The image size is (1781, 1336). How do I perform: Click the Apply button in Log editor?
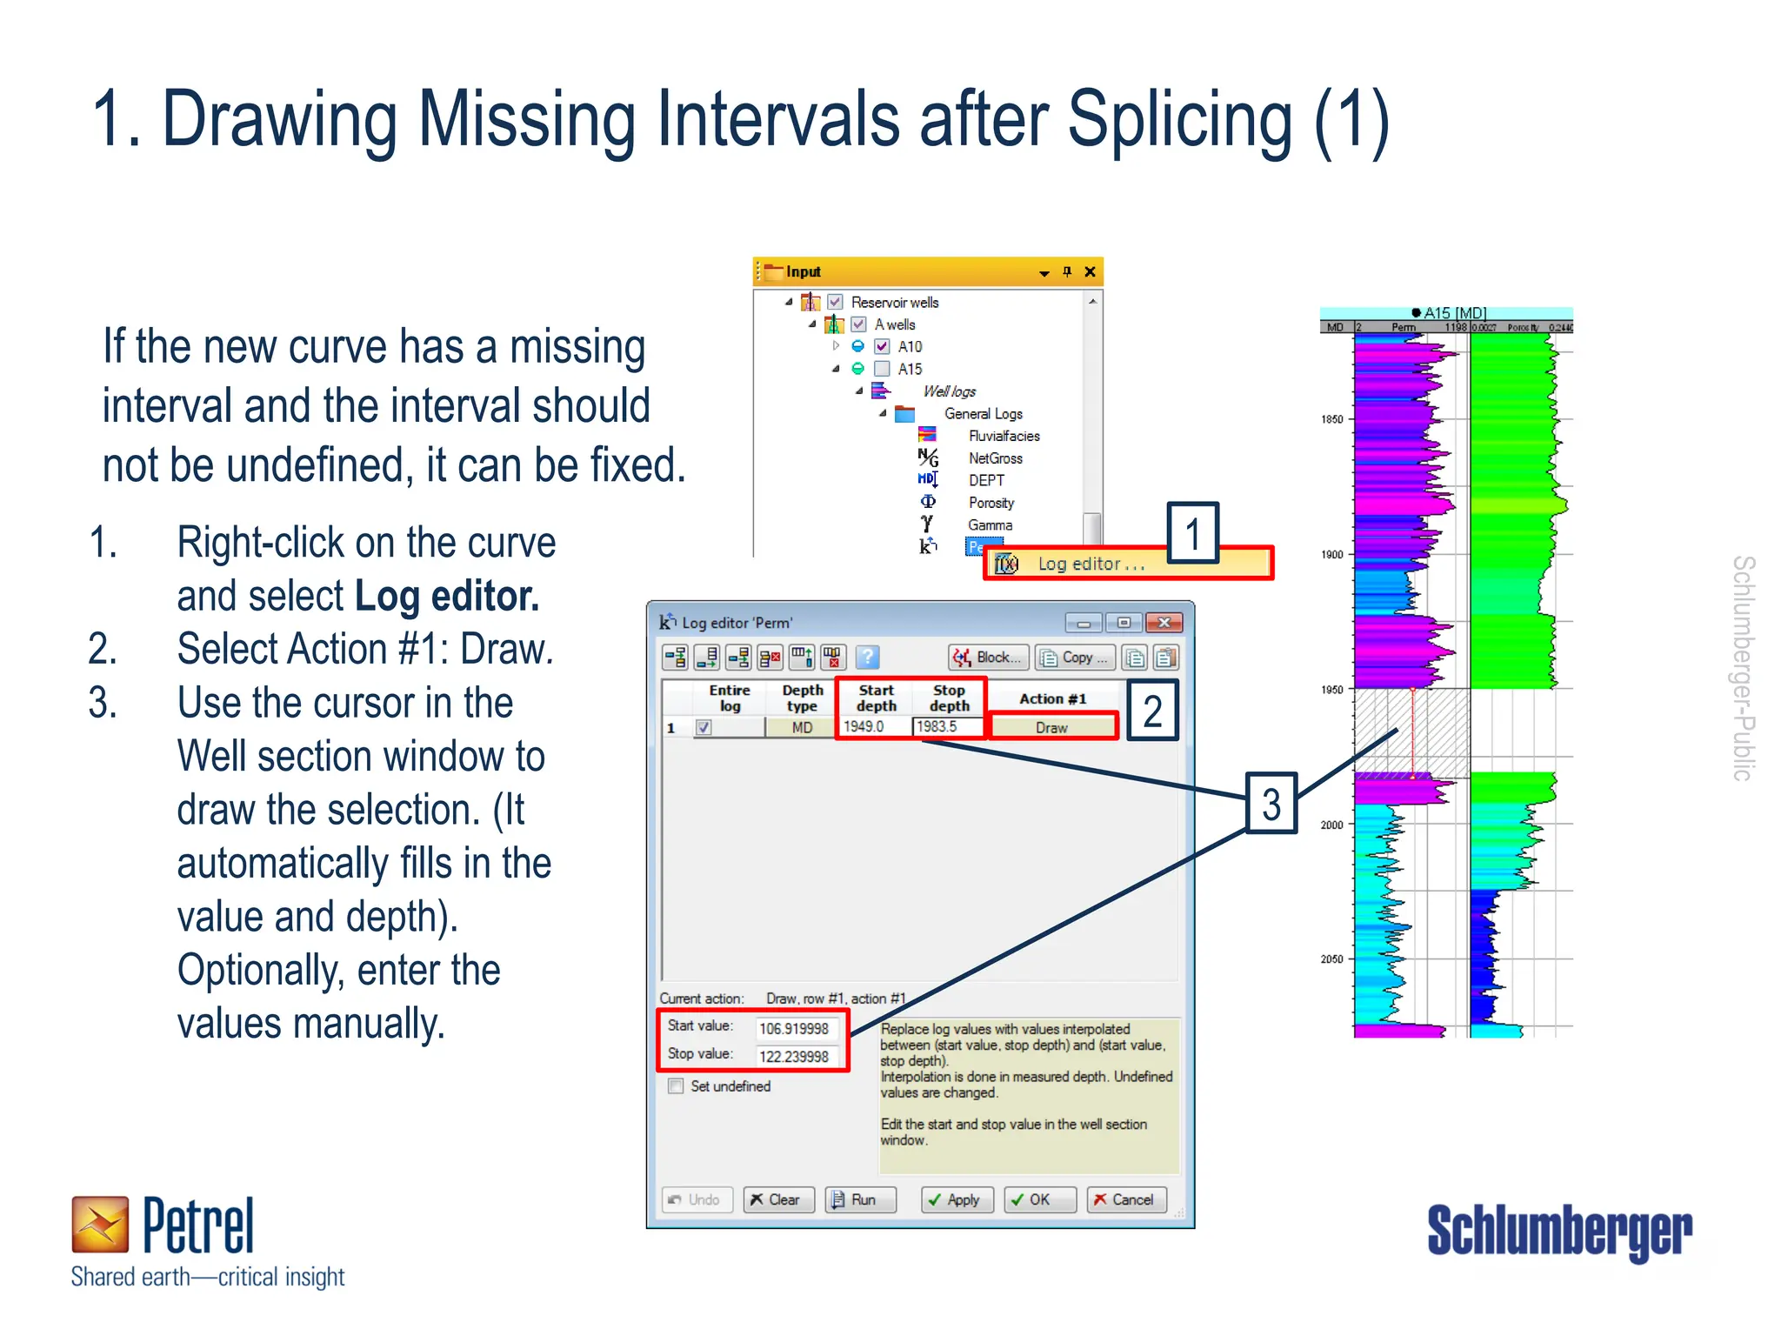(x=956, y=1199)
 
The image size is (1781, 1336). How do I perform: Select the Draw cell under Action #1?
(x=1052, y=727)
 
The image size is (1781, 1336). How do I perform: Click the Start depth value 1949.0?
(x=872, y=726)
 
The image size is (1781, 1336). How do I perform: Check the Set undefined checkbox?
(x=676, y=1085)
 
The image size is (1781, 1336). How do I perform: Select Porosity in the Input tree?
(x=991, y=503)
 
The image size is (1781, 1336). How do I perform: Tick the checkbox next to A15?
(x=882, y=369)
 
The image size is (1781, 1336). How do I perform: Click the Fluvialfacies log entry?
(x=1004, y=436)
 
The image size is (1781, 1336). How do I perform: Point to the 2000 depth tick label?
(x=1331, y=825)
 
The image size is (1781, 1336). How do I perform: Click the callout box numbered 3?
(x=1271, y=804)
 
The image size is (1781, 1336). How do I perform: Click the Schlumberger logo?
(x=1558, y=1230)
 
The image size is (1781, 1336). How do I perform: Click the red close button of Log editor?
(x=1164, y=622)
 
